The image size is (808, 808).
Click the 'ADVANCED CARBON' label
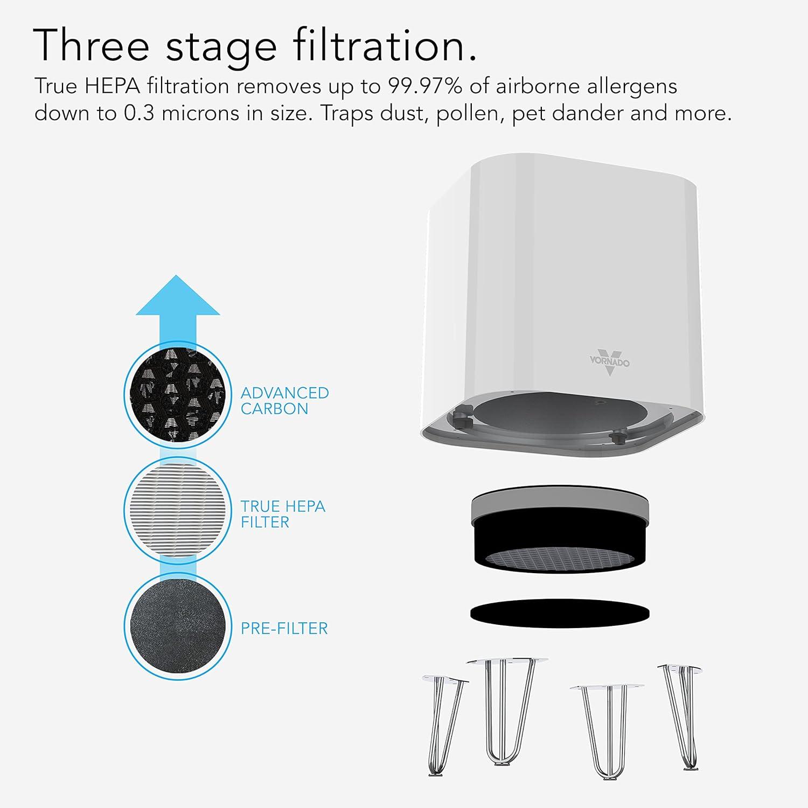pyautogui.click(x=284, y=401)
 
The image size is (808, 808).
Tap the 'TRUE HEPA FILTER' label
pyautogui.click(x=283, y=514)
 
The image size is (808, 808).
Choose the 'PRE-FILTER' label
pyautogui.click(x=284, y=628)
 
